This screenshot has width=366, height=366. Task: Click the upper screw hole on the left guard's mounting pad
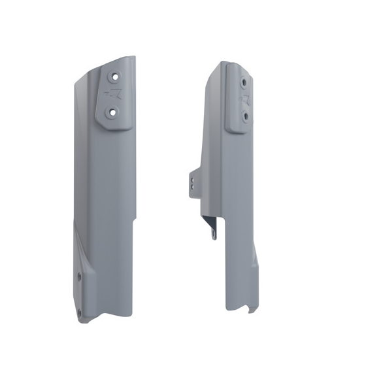coord(116,76)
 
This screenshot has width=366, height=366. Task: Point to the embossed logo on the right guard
coord(246,99)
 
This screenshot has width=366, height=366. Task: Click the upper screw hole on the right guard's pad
coord(244,82)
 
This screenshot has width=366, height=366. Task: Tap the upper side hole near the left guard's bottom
coord(80,277)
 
